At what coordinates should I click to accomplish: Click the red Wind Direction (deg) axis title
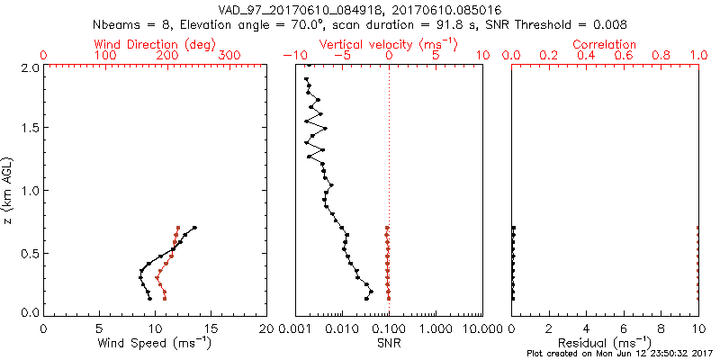point(155,43)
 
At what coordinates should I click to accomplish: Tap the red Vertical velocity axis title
point(388,43)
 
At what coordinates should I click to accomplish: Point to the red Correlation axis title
point(605,43)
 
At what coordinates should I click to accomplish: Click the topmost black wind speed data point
point(193,228)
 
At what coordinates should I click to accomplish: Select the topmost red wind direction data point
point(178,228)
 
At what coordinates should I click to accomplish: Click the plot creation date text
point(621,354)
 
